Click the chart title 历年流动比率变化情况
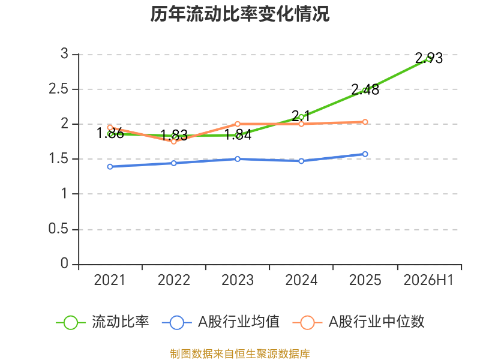239,14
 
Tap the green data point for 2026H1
429,59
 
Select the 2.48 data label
365,89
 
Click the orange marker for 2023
238,124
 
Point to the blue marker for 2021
110,167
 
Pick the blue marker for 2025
365,154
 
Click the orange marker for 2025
365,122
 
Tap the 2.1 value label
301,116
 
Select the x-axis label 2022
173,280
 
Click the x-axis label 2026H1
428,280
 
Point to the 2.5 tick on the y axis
58,89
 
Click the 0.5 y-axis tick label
58,229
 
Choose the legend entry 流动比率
103,322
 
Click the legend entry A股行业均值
221,322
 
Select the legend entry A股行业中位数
358,322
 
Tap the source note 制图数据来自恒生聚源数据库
239,353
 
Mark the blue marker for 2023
238,159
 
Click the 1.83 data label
174,135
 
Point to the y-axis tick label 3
64,54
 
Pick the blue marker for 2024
301,161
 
